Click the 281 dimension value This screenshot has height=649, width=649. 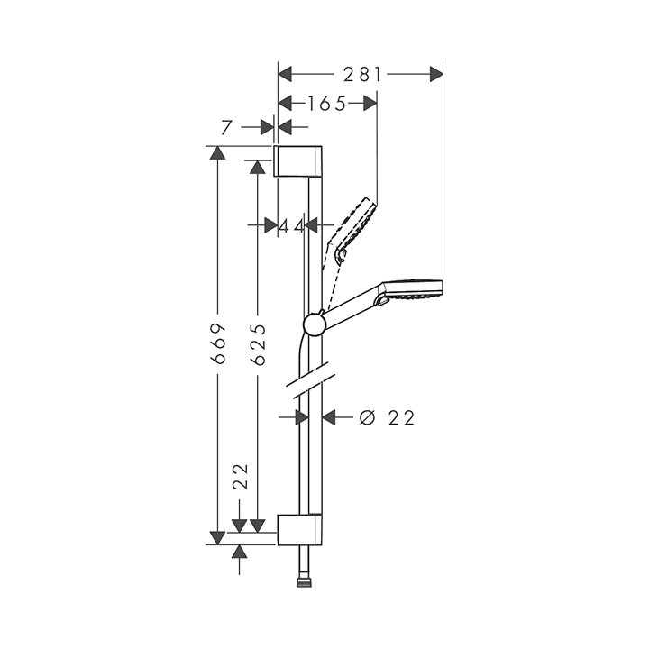pyautogui.click(x=361, y=74)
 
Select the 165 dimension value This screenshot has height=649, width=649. pyautogui.click(x=326, y=104)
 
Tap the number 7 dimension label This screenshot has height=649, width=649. pyautogui.click(x=225, y=127)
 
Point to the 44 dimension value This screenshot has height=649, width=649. pyautogui.click(x=291, y=225)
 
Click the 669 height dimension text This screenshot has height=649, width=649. pyautogui.click(x=217, y=343)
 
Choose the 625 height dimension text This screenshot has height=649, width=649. pyautogui.click(x=259, y=343)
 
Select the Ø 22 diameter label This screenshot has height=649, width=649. pyautogui.click(x=387, y=417)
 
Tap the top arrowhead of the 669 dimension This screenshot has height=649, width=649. pyautogui.click(x=217, y=152)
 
